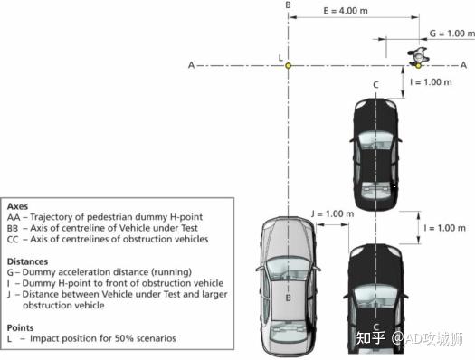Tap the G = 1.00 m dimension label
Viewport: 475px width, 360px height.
point(445,33)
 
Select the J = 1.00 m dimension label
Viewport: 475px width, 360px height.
point(328,213)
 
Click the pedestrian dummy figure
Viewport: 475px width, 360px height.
point(419,58)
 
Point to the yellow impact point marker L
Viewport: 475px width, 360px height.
point(288,65)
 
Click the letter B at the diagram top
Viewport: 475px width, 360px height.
point(288,6)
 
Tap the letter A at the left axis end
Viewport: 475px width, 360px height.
point(190,65)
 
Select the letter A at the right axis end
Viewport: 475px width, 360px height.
point(464,65)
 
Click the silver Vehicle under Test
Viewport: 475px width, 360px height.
point(288,286)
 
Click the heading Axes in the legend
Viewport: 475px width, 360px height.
point(18,205)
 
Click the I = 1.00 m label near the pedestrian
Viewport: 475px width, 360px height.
point(431,81)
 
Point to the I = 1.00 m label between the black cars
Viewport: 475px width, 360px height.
point(444,228)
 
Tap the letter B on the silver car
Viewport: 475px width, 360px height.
point(288,297)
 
